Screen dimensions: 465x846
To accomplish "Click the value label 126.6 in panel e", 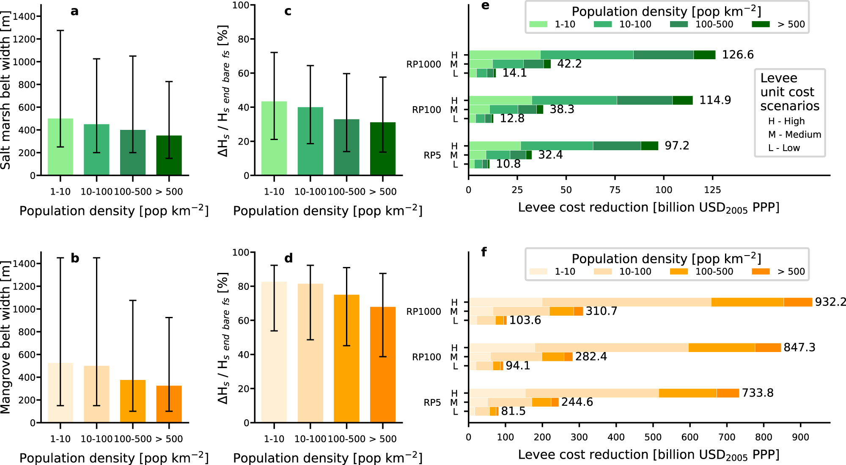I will [x=737, y=55].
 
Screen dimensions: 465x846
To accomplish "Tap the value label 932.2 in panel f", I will [x=830, y=302].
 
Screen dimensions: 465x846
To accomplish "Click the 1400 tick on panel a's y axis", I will [x=24, y=17].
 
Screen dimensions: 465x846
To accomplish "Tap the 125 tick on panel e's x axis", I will [x=712, y=190].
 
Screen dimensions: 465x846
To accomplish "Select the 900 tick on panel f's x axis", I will [x=800, y=437].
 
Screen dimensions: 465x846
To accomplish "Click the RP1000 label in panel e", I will [x=423, y=64].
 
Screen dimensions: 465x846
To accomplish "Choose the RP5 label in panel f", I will [x=432, y=403].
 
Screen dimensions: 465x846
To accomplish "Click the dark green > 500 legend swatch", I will [x=761, y=24].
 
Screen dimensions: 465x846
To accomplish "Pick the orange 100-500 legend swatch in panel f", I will [x=679, y=272].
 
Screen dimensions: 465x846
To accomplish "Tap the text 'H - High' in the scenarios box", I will [x=786, y=121].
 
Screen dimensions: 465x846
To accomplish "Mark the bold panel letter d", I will [x=288, y=258].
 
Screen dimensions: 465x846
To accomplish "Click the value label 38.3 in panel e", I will [x=562, y=110].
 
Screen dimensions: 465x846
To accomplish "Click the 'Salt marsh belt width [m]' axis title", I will [x=5, y=91].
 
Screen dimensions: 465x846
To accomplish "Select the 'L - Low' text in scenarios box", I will [x=784, y=148].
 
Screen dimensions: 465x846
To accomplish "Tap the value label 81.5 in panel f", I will [x=513, y=411].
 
